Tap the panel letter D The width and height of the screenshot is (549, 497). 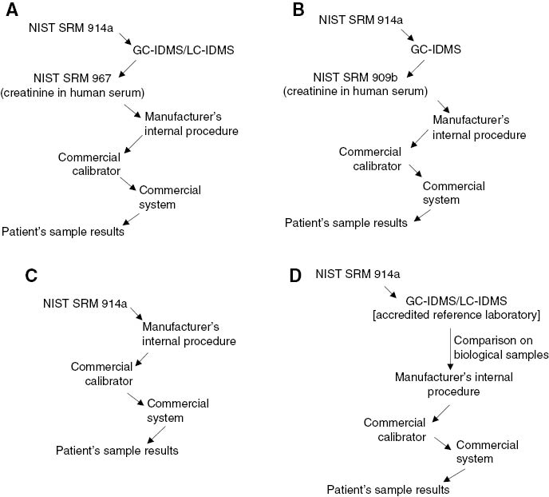[297, 276]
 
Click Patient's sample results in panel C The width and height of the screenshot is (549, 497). [117, 450]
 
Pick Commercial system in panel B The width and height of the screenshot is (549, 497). [453, 193]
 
